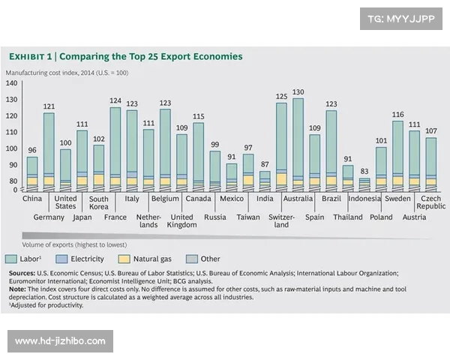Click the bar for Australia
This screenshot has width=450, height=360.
pos(298,142)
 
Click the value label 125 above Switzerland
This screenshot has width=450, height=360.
pos(282,96)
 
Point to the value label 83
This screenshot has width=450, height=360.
pos(364,172)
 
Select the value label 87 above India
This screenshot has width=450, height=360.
pos(265,164)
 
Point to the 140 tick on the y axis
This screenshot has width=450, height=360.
pos(11,82)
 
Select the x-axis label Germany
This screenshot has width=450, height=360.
pos(49,217)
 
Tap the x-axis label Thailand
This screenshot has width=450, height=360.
pos(348,217)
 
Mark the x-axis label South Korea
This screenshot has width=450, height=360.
pos(98,204)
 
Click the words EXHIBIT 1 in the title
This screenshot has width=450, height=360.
pos(30,56)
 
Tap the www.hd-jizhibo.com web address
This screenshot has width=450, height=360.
pos(60,341)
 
